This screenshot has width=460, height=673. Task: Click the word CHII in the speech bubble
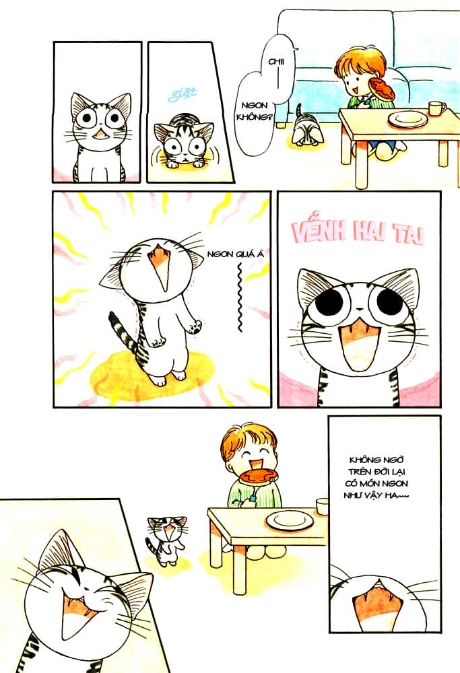(x=257, y=61)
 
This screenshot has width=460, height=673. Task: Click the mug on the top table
(x=436, y=108)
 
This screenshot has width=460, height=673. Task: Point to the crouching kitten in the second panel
(x=180, y=143)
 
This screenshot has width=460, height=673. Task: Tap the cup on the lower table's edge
(x=322, y=505)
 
